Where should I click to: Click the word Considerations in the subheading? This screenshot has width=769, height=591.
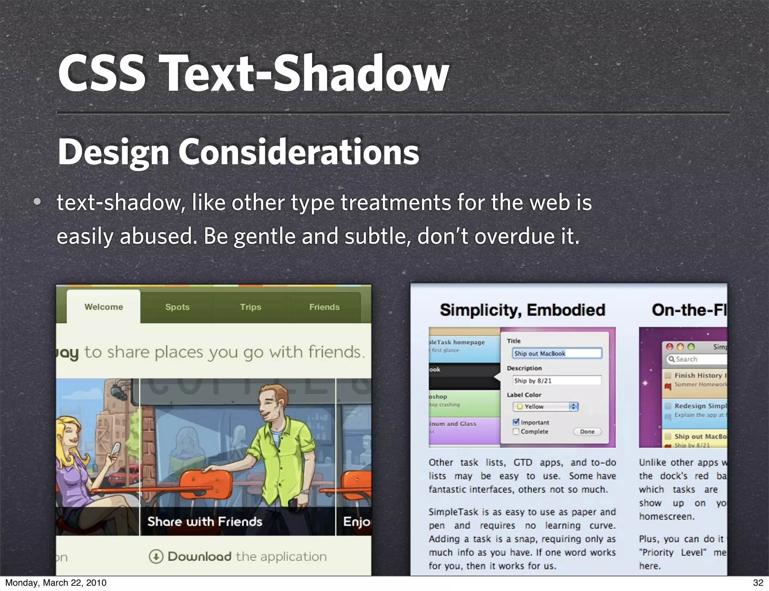point(299,152)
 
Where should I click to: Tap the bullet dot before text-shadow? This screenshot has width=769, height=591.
point(37,202)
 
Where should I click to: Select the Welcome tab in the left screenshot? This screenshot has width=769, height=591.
point(104,307)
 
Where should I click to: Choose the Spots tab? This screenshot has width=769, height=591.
point(177,307)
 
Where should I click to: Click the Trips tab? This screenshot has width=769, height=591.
point(250,307)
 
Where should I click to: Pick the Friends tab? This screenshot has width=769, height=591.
point(324,307)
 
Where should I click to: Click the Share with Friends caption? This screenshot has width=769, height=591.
point(205,522)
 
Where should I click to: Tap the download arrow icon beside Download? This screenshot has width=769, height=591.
point(156,556)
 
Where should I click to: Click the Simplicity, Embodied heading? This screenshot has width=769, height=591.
point(522,310)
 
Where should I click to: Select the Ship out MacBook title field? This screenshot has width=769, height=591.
point(557,353)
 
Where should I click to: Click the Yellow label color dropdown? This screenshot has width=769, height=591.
point(546,406)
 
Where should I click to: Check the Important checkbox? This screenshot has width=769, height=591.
point(516,422)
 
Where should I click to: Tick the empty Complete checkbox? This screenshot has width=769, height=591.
point(516,432)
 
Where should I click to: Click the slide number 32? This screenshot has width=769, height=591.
point(758,583)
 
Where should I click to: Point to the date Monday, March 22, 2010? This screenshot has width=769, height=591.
point(56,583)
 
